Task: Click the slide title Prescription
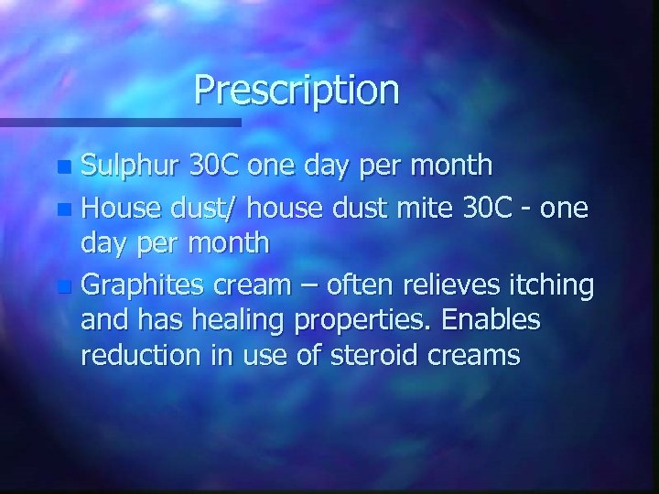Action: (x=297, y=91)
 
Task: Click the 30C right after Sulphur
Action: (x=216, y=166)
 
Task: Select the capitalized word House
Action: (x=123, y=209)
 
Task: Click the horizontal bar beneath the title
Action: (x=119, y=122)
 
